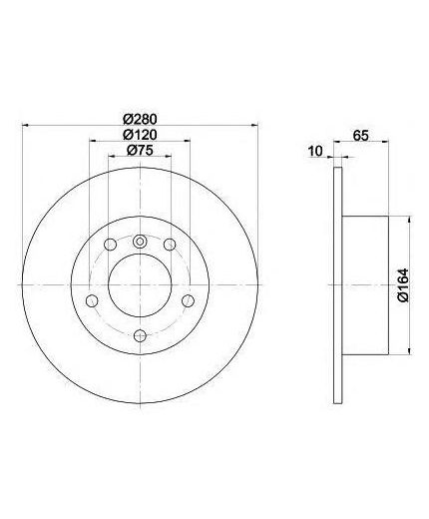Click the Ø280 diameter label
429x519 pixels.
tap(140, 119)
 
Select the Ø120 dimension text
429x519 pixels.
tap(140, 135)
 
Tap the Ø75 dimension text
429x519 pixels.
tap(140, 151)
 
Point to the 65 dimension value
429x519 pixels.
tap(361, 136)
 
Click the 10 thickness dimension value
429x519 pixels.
tap(315, 152)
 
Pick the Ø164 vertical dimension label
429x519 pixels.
tap(403, 285)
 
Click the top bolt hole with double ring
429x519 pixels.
tap(140, 242)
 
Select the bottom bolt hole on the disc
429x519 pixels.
tap(140, 335)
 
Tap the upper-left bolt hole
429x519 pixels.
tap(110, 245)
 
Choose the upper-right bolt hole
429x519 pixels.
tap(170, 245)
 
